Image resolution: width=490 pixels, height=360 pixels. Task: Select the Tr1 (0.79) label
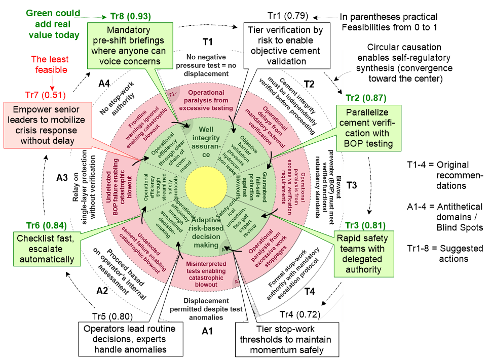(287, 17)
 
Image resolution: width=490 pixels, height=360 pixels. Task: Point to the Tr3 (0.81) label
(365, 225)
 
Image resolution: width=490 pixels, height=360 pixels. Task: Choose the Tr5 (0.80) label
(112, 317)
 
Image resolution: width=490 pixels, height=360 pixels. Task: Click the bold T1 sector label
(207, 41)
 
